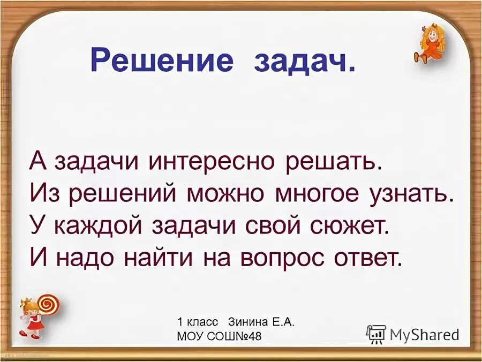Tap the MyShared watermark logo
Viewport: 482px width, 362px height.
[x=413, y=334]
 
